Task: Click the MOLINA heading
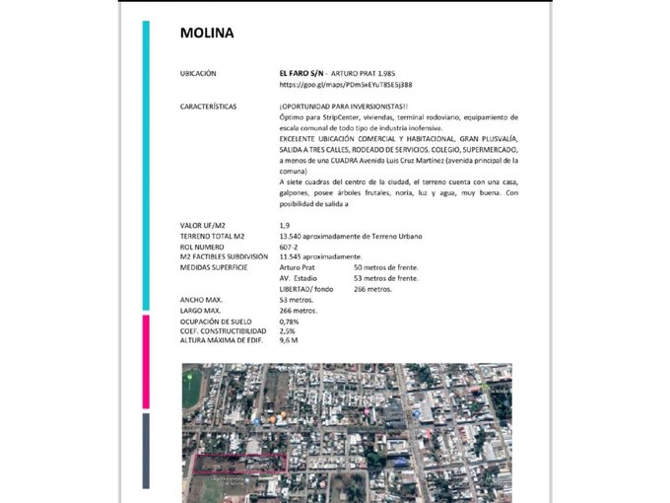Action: [207, 33]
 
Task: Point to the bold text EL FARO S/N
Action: [301, 74]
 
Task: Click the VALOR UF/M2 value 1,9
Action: [285, 226]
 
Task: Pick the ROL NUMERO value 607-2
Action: [290, 246]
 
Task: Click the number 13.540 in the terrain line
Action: [293, 236]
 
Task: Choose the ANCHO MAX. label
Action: [201, 299]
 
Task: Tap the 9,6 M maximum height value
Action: [289, 339]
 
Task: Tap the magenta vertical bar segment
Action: [146, 361]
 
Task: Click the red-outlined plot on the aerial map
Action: [237, 464]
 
